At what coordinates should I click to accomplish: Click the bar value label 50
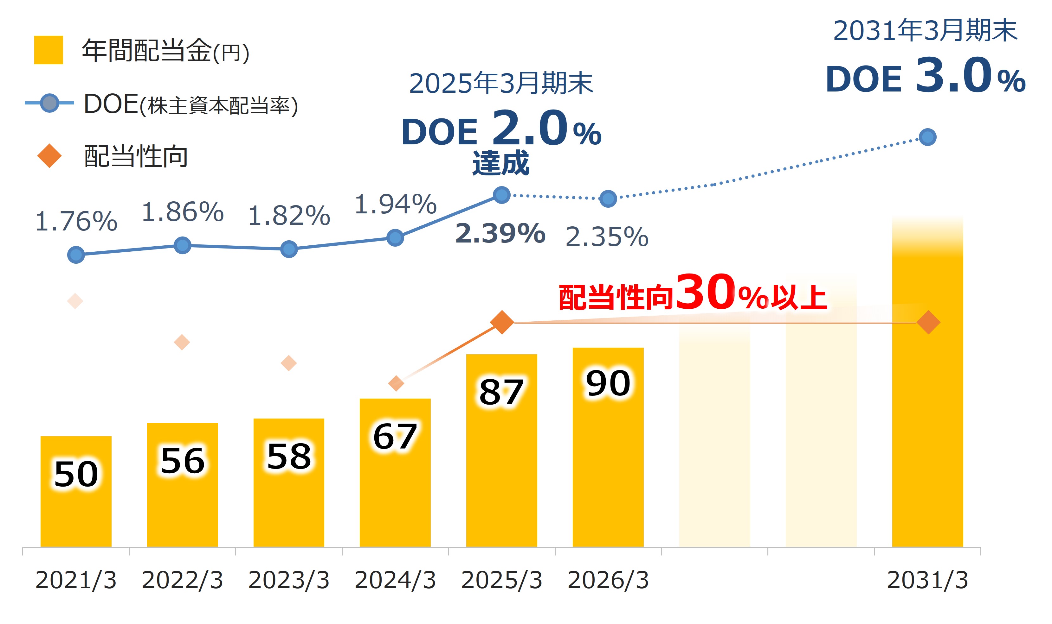76,474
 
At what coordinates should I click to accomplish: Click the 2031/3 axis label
927,580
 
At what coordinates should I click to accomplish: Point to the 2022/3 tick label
182,580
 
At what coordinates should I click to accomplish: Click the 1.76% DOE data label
76,221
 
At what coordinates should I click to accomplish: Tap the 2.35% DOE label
607,237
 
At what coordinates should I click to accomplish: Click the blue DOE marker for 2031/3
927,137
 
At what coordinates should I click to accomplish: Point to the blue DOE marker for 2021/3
76,255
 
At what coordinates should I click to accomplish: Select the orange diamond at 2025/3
502,323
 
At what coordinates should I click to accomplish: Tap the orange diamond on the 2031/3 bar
928,323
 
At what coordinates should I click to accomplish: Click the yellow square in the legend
48,50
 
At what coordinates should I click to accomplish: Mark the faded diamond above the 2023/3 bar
289,363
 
